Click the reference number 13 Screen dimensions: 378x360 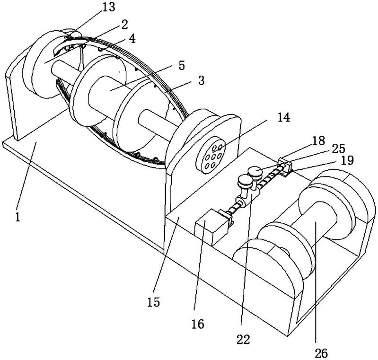click(x=108, y=8)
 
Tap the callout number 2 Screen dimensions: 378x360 click(x=124, y=25)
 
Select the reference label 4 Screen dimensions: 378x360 click(x=132, y=39)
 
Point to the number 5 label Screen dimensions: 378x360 click(x=181, y=65)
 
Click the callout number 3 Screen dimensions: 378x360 click(x=201, y=80)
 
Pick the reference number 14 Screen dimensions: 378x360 click(x=283, y=118)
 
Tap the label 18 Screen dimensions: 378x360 click(x=319, y=140)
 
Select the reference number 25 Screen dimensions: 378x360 click(x=338, y=149)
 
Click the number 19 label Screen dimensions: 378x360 click(x=347, y=160)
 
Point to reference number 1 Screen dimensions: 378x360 click(x=18, y=217)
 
